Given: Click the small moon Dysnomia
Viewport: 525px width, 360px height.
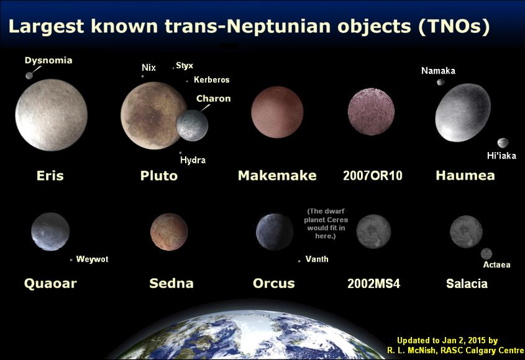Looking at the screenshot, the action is tap(29, 75).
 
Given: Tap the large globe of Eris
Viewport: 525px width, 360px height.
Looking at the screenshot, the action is tap(51, 115).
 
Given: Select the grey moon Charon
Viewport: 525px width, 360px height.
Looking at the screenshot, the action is tap(192, 125).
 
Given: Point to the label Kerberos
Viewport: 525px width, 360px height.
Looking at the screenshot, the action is tap(211, 79).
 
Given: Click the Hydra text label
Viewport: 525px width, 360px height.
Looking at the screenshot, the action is tap(193, 160).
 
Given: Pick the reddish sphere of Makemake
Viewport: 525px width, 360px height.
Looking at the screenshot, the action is tap(277, 112).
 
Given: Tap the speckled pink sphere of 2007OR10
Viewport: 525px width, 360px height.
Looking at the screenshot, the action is tap(371, 111).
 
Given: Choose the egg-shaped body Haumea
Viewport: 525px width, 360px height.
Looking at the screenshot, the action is tap(463, 112).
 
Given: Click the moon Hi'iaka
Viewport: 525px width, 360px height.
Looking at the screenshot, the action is tap(503, 143).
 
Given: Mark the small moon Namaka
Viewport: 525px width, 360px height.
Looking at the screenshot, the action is tap(441, 82).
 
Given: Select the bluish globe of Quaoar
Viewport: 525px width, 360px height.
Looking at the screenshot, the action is tap(51, 231).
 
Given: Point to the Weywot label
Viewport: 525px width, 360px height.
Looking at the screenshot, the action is tap(92, 259).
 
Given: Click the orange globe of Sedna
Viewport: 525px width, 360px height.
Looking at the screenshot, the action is tap(169, 232).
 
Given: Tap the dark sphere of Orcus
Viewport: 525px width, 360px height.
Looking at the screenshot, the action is tap(274, 232).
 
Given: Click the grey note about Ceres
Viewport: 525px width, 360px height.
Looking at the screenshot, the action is tap(325, 224).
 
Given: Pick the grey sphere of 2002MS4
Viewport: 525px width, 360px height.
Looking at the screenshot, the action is tap(373, 231).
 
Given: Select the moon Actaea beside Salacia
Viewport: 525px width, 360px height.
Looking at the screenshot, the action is tap(486, 254).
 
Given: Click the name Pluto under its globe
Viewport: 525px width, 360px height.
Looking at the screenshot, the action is tap(159, 176).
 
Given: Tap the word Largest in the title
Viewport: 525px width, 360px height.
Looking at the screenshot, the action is tap(46, 26).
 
